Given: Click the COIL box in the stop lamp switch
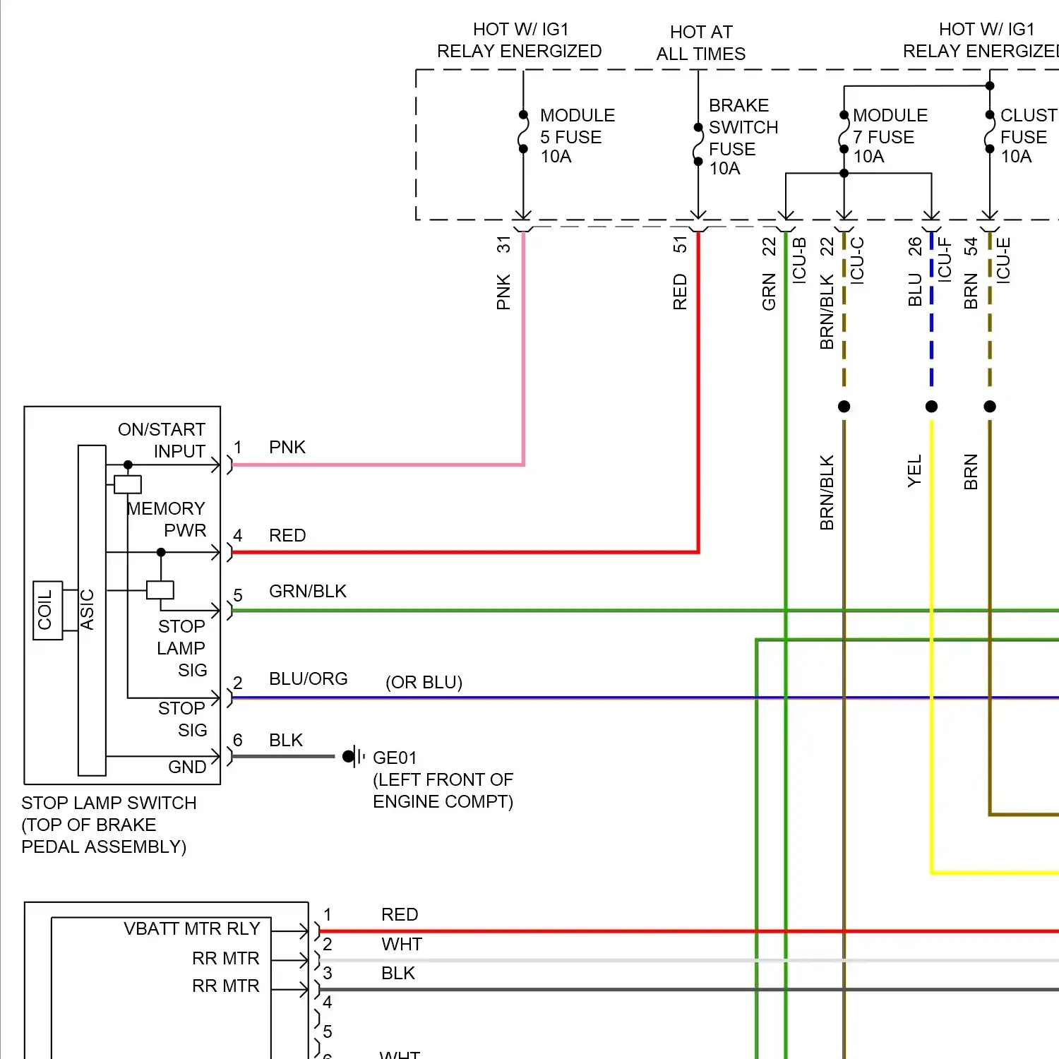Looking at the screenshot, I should coord(47,611).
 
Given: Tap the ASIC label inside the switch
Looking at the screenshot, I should coord(88,609).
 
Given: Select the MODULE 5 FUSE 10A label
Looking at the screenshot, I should coord(577,136).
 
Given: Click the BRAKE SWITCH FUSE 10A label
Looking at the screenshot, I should coord(743,137).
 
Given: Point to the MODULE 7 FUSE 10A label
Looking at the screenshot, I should coord(890,136).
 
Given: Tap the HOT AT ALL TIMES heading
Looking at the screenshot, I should coord(700,42).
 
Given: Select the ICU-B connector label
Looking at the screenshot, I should coord(799,261).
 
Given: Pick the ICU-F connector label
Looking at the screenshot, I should coord(945,261).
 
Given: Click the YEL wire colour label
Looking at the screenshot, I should coord(914,471).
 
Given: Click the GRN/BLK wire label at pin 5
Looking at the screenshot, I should coord(308,592).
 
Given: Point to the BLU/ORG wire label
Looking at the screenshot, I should coord(308,679).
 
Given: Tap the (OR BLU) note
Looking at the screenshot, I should coord(424,683).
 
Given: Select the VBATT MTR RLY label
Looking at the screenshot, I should coord(192,929).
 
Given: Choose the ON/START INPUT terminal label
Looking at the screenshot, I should coord(162,441).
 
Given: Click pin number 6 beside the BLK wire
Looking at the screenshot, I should coord(238,740).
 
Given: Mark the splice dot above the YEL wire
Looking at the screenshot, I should coord(931,407).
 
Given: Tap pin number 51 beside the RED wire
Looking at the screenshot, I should coord(680,244).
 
